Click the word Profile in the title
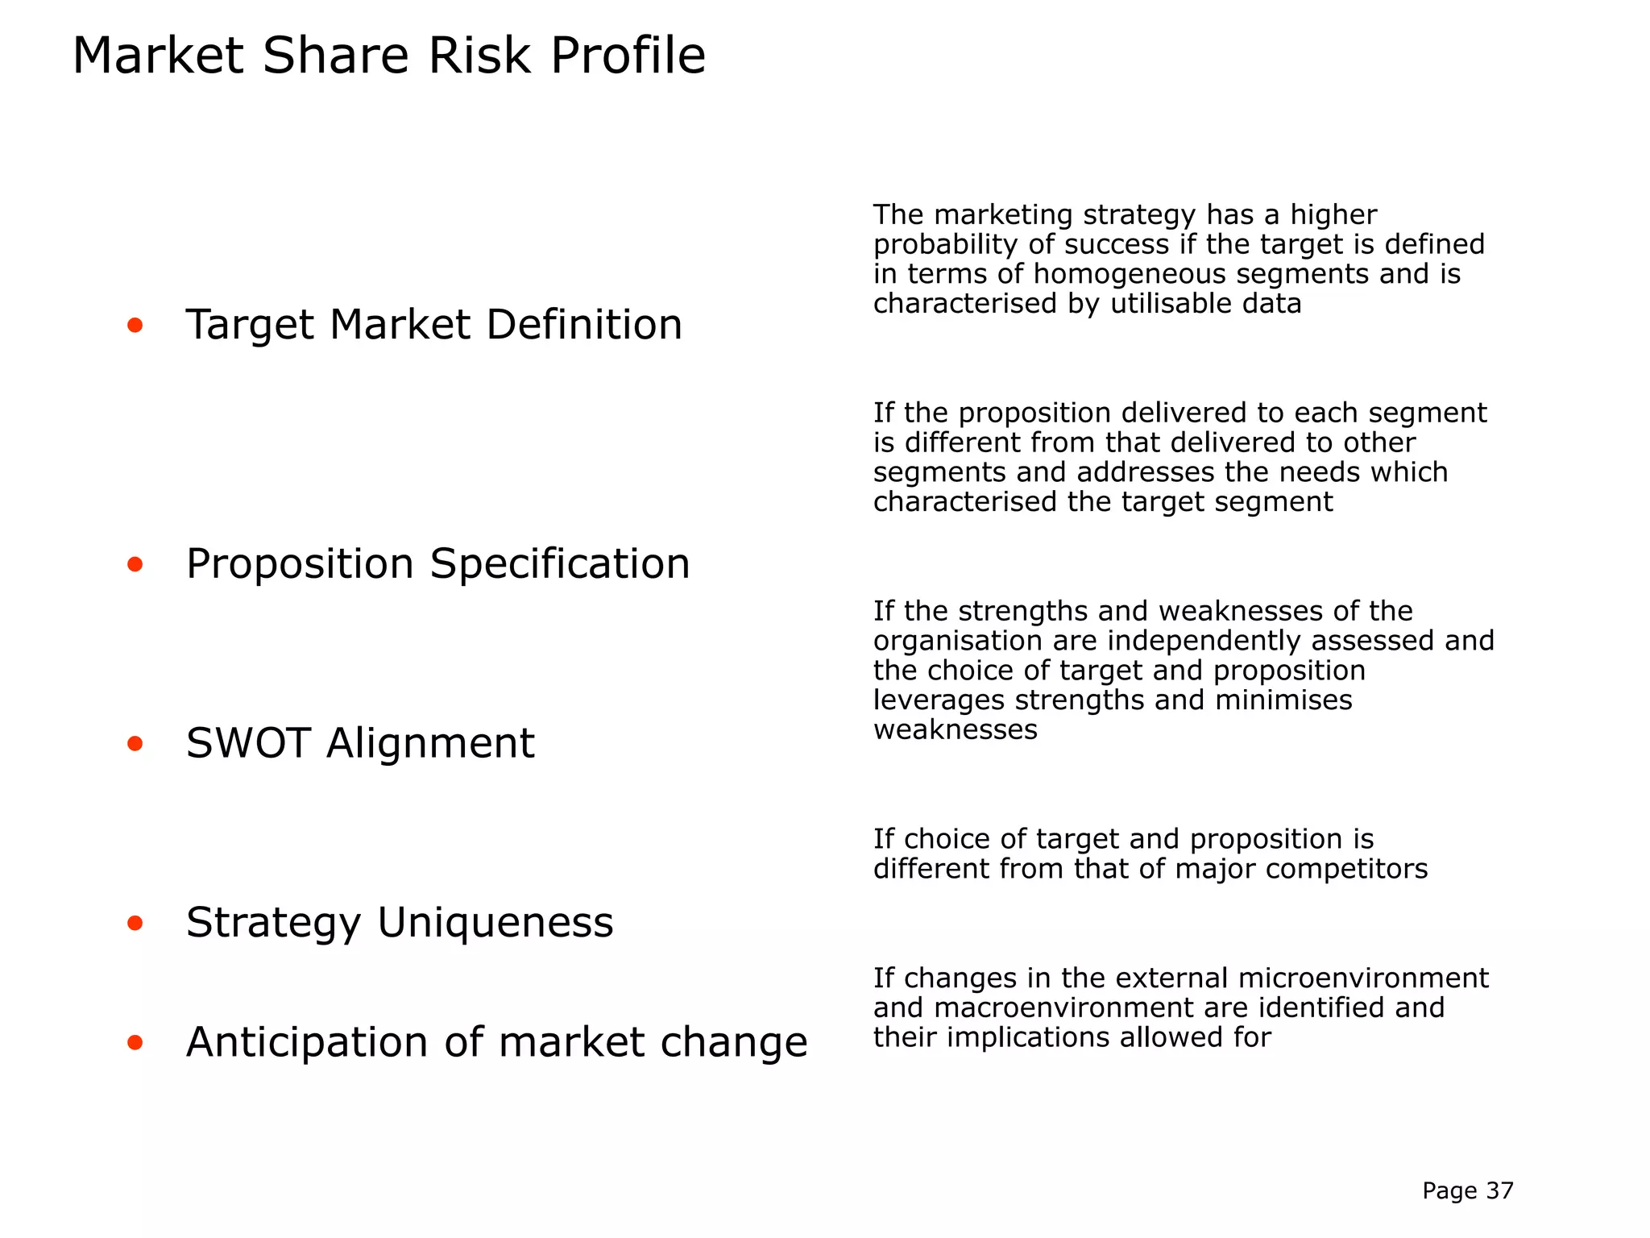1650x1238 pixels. (628, 56)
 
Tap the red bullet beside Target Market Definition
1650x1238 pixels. (135, 326)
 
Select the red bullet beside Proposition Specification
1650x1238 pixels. (135, 564)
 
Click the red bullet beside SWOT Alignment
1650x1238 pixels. (135, 744)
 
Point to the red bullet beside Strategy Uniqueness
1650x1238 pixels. (135, 924)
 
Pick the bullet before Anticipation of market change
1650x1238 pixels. (135, 1043)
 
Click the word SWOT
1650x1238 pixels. (248, 743)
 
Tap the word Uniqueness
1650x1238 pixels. (495, 923)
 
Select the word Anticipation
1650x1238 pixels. (307, 1043)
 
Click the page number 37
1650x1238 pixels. (1499, 1191)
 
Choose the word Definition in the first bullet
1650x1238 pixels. (584, 326)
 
